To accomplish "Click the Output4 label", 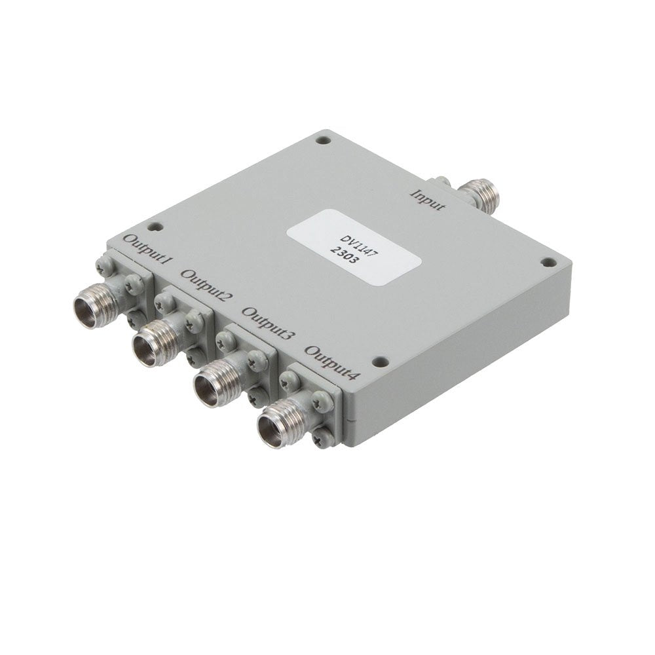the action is (332, 362).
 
